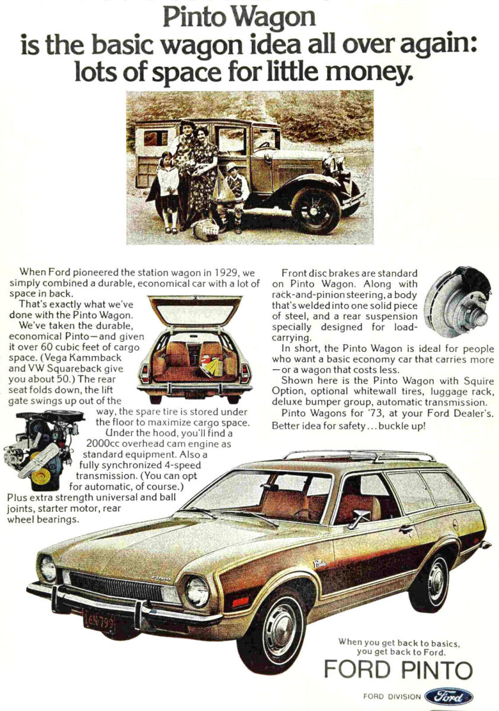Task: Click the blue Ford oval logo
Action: point(449,696)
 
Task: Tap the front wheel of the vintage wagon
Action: point(315,210)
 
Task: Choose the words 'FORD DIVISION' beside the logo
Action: point(392,697)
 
